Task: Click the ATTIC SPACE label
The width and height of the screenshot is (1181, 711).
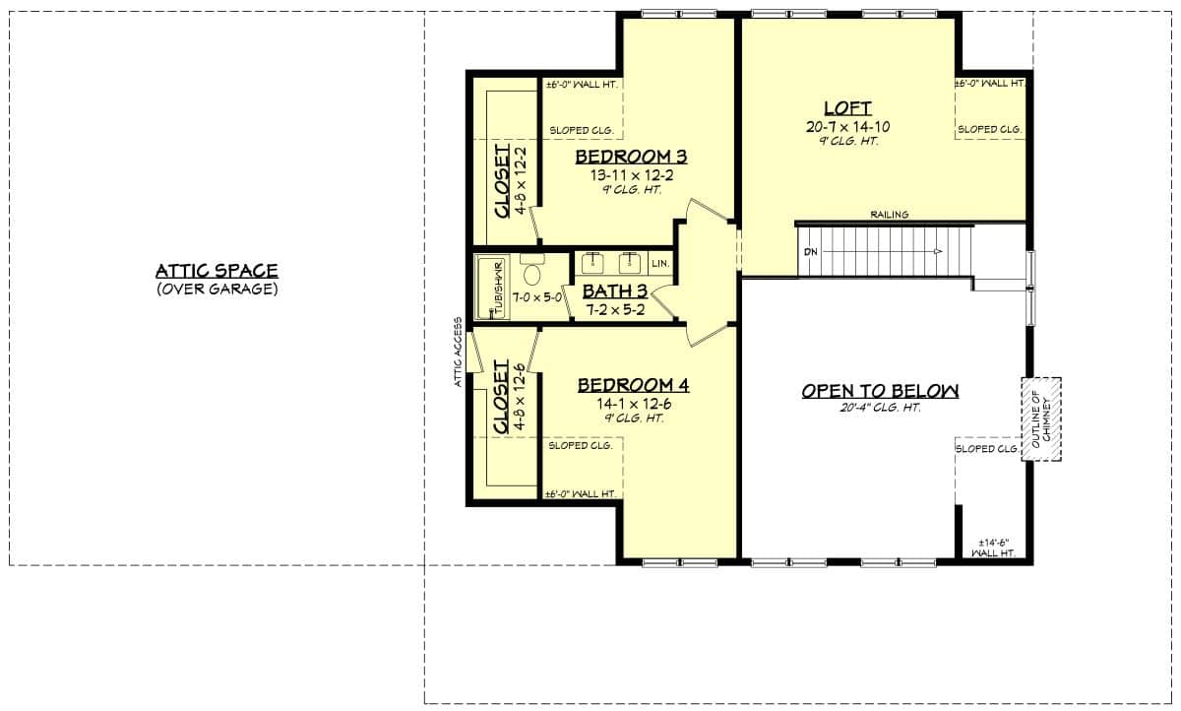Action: click(x=217, y=271)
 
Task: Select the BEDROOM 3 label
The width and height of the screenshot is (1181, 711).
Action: click(x=630, y=157)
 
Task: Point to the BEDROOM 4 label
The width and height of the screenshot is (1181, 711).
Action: click(x=633, y=385)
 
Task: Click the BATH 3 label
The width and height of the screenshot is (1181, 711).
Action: click(x=615, y=291)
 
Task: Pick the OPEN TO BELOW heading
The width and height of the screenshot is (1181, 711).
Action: click(x=880, y=391)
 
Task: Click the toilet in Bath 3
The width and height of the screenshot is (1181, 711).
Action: click(x=532, y=271)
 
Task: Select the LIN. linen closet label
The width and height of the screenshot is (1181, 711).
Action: click(x=659, y=264)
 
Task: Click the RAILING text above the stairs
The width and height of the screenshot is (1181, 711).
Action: click(x=889, y=215)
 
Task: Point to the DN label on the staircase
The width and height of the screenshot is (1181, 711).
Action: click(x=810, y=252)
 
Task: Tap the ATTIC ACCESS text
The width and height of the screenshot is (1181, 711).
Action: click(x=459, y=353)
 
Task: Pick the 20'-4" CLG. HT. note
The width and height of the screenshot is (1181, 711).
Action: click(x=880, y=408)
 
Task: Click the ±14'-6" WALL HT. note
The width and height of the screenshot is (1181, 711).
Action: click(x=994, y=549)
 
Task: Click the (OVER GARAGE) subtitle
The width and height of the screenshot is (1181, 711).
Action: click(x=217, y=290)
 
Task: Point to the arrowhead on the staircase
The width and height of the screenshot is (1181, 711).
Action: click(x=938, y=252)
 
